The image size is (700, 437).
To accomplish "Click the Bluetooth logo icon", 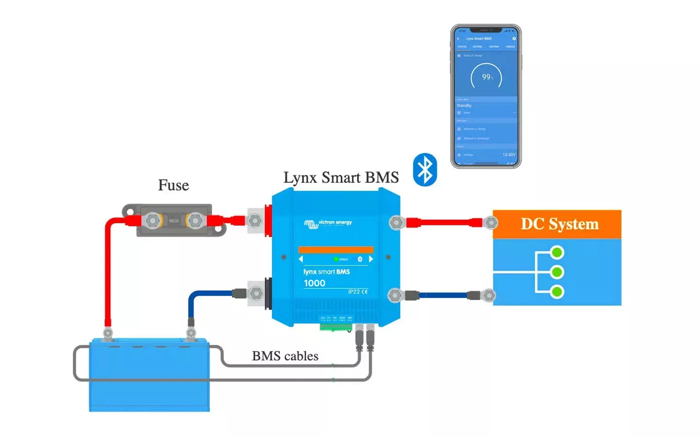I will tap(425, 170).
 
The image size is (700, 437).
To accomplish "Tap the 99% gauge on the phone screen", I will tap(486, 77).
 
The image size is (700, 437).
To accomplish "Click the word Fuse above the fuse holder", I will tap(174, 185).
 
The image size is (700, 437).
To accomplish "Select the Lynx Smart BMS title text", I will tap(341, 177).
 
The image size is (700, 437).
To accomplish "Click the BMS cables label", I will tap(285, 356).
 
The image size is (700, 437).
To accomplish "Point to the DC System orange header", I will tap(557, 224).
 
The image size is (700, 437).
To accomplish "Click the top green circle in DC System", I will tap(557, 252).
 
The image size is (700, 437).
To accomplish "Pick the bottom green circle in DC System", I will tap(557, 292).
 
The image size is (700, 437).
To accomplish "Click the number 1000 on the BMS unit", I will tap(315, 283).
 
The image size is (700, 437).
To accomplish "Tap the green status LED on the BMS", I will tap(336, 259).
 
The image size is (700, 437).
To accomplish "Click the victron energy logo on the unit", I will tap(328, 223).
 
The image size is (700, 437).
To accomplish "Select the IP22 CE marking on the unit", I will tap(358, 292).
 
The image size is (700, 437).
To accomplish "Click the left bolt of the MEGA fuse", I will tap(153, 221).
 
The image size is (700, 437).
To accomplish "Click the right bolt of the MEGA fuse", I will tap(195, 221).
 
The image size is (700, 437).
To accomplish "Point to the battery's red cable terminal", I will tap(108, 333).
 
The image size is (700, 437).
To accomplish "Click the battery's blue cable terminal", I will tap(191, 333).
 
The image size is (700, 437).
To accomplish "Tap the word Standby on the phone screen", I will tap(464, 105).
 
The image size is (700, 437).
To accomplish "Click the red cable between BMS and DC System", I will tap(445, 223).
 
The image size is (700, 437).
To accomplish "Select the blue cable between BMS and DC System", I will tap(443, 295).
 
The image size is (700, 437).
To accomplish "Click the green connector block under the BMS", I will tap(335, 327).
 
